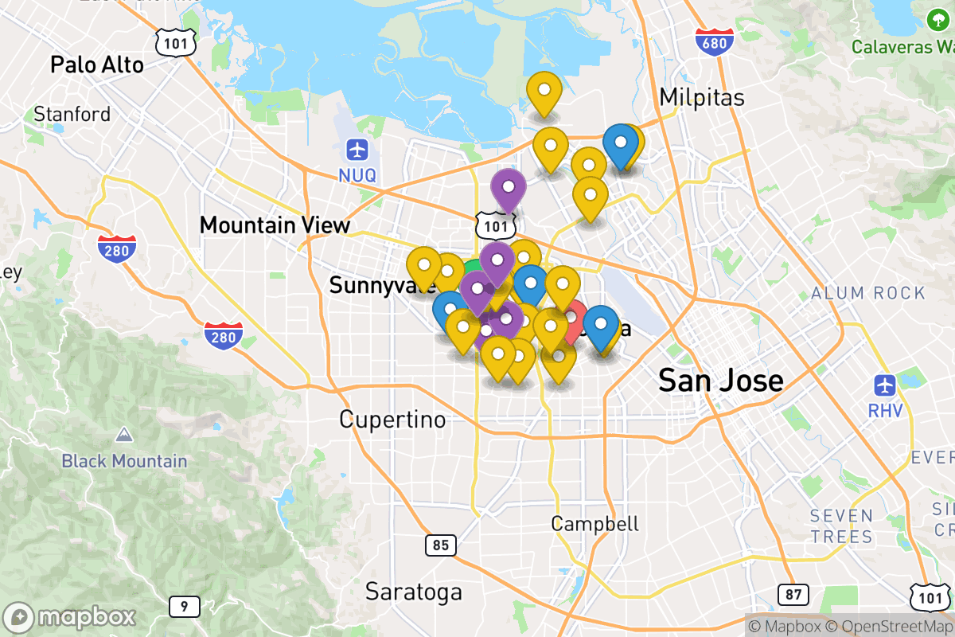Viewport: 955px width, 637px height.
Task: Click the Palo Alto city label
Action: [97, 64]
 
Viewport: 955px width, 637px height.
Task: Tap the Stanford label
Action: [72, 115]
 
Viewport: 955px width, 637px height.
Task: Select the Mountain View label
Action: [275, 225]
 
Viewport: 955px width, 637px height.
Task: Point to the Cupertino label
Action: [392, 419]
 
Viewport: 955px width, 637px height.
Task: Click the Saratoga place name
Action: [413, 592]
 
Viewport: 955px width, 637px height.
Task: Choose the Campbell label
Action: [595, 523]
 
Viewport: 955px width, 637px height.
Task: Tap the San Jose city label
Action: [720, 381]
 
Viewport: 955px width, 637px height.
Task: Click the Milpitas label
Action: [702, 97]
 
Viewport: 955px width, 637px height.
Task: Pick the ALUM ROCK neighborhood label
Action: [868, 293]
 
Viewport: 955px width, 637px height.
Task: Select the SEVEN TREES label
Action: [842, 526]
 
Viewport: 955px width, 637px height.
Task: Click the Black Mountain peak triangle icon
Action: [123, 435]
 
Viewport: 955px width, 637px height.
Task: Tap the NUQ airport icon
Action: [357, 149]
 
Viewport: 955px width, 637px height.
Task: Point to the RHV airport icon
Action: [885, 385]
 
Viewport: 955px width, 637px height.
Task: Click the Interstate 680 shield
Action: [714, 41]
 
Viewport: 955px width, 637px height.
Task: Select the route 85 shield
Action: [440, 545]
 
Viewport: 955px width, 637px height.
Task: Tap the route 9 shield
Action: [184, 608]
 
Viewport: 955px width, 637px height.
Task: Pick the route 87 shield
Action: [793, 594]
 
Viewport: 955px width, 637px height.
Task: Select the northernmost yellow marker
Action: [544, 91]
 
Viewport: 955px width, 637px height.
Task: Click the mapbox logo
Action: [70, 617]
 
